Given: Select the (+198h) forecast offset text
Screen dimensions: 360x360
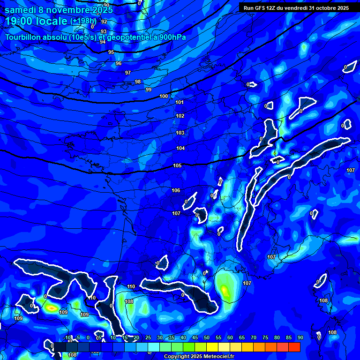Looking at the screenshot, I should tap(83, 21).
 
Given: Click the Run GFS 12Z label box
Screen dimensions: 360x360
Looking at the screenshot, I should tap(296, 7).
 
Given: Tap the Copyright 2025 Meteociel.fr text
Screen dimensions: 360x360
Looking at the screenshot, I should tap(199, 357).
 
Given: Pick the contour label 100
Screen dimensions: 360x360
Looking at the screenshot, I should tap(164, 96).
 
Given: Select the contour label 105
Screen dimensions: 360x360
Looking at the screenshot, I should tap(177, 165).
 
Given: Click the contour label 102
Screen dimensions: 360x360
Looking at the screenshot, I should tap(180, 116).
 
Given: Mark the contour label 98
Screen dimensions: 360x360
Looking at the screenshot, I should tap(138, 82).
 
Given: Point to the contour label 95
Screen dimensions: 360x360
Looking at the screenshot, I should tap(111, 52).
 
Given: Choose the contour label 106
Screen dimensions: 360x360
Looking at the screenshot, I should tap(176, 190).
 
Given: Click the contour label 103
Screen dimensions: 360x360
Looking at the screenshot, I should tap(180, 133).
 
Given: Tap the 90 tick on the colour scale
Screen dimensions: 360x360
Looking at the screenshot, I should tap(300, 337).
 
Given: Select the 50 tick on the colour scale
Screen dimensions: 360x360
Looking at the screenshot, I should tap(207, 337).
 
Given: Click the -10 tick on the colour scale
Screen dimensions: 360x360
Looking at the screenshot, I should tap(67, 337).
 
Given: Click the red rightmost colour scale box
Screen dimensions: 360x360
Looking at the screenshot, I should tap(294, 347).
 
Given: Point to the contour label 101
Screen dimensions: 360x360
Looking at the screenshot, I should tap(180, 102).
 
